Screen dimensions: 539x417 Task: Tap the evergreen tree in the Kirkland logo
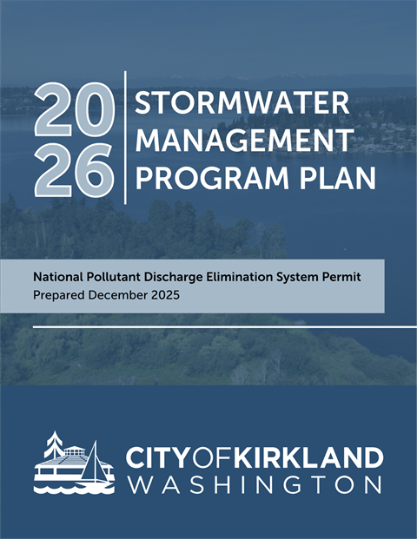pyautogui.click(x=56, y=447)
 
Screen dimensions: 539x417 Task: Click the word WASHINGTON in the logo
pyautogui.click(x=255, y=484)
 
